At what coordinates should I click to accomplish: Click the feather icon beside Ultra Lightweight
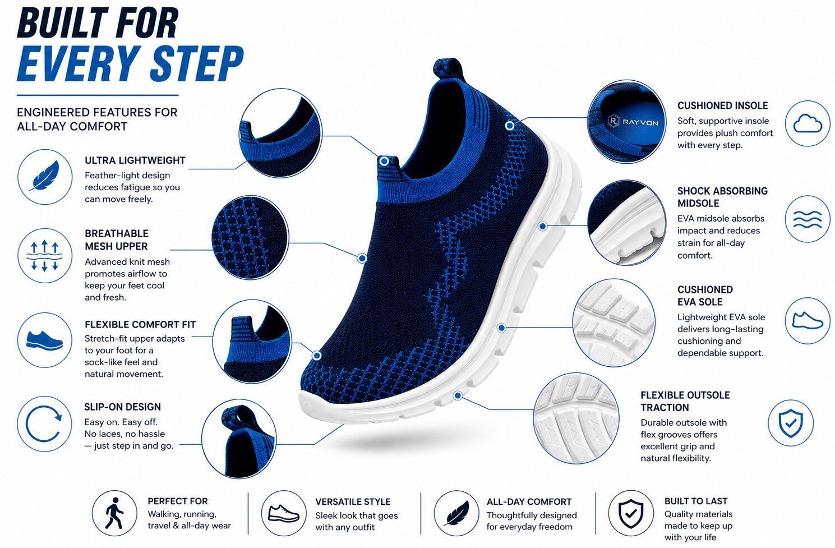click(45, 176)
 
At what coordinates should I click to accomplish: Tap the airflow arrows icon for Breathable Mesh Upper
click(45, 256)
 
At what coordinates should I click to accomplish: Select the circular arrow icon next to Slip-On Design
click(44, 424)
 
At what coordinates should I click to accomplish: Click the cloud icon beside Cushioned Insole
click(808, 123)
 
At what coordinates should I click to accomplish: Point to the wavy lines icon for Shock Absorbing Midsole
click(808, 219)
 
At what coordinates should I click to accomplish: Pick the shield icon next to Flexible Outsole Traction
click(791, 423)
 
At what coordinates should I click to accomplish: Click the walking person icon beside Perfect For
click(114, 513)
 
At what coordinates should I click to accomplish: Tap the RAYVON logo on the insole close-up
click(633, 122)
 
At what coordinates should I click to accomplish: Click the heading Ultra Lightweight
click(135, 160)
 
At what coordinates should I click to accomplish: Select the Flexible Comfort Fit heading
click(140, 324)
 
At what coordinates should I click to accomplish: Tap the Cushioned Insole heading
click(722, 105)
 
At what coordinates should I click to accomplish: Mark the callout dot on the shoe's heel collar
click(510, 126)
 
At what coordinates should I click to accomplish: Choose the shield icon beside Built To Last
click(631, 513)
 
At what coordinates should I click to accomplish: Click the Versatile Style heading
click(353, 501)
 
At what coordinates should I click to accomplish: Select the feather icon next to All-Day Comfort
click(456, 513)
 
